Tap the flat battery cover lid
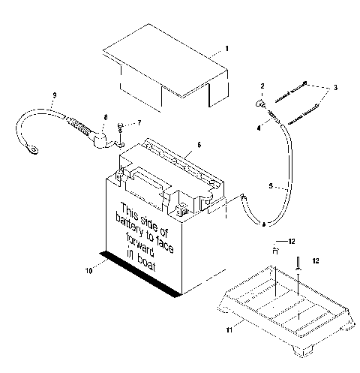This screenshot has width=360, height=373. (161, 65)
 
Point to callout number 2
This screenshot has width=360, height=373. (262, 86)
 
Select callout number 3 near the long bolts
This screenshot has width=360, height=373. (335, 87)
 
